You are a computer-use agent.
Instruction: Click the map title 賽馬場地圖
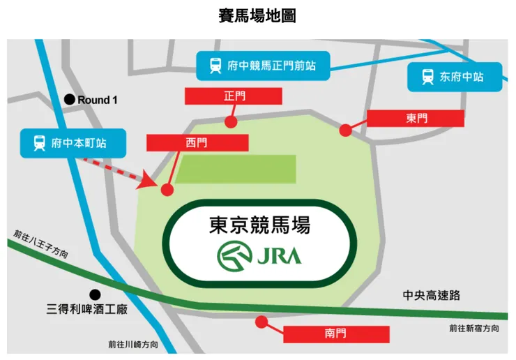tap(257, 15)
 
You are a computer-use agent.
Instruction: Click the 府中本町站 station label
tap(73, 144)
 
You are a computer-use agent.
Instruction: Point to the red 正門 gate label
tap(234, 96)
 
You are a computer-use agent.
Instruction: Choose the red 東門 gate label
tap(416, 119)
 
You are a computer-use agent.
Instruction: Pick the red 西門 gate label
tap(197, 143)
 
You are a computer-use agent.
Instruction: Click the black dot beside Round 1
tap(69, 100)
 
